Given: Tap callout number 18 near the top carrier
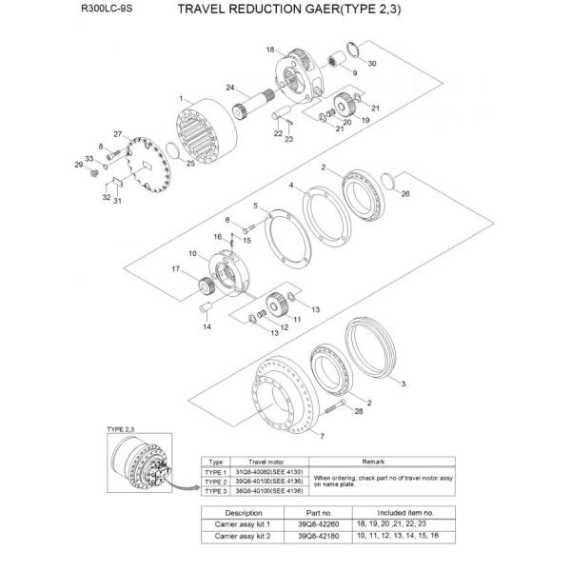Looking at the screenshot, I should [x=270, y=49].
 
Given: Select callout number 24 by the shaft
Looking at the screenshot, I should [x=229, y=88].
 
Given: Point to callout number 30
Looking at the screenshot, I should [x=372, y=64].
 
